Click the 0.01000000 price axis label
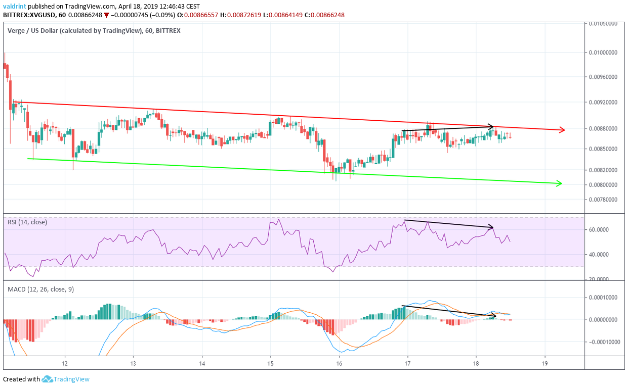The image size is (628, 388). pyautogui.click(x=605, y=52)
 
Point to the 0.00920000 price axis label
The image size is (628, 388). pyautogui.click(x=605, y=103)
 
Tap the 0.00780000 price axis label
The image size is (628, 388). pyautogui.click(x=605, y=200)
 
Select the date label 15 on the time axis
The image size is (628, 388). pyautogui.click(x=270, y=363)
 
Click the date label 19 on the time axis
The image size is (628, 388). pyautogui.click(x=545, y=363)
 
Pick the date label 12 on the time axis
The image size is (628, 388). pyautogui.click(x=65, y=363)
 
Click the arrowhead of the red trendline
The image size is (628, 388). pyautogui.click(x=562, y=130)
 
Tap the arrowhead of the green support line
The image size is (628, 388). pyautogui.click(x=559, y=183)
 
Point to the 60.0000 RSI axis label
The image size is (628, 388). pyautogui.click(x=601, y=229)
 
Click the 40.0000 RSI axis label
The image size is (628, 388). pyautogui.click(x=601, y=255)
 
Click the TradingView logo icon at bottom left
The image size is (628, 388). pyautogui.click(x=48, y=379)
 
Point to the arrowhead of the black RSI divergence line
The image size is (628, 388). pyautogui.click(x=491, y=226)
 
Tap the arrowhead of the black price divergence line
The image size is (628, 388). pyautogui.click(x=491, y=126)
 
